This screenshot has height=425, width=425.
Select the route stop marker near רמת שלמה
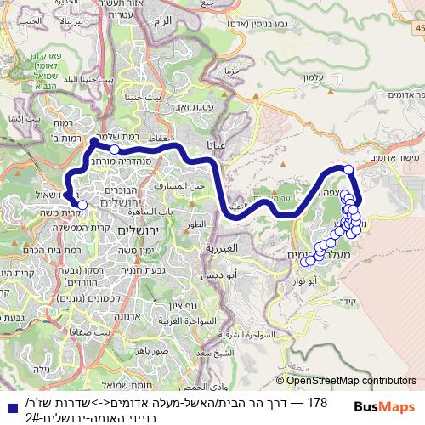115,149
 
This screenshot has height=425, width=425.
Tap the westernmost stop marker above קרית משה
82,204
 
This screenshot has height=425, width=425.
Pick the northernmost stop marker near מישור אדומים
348,170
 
